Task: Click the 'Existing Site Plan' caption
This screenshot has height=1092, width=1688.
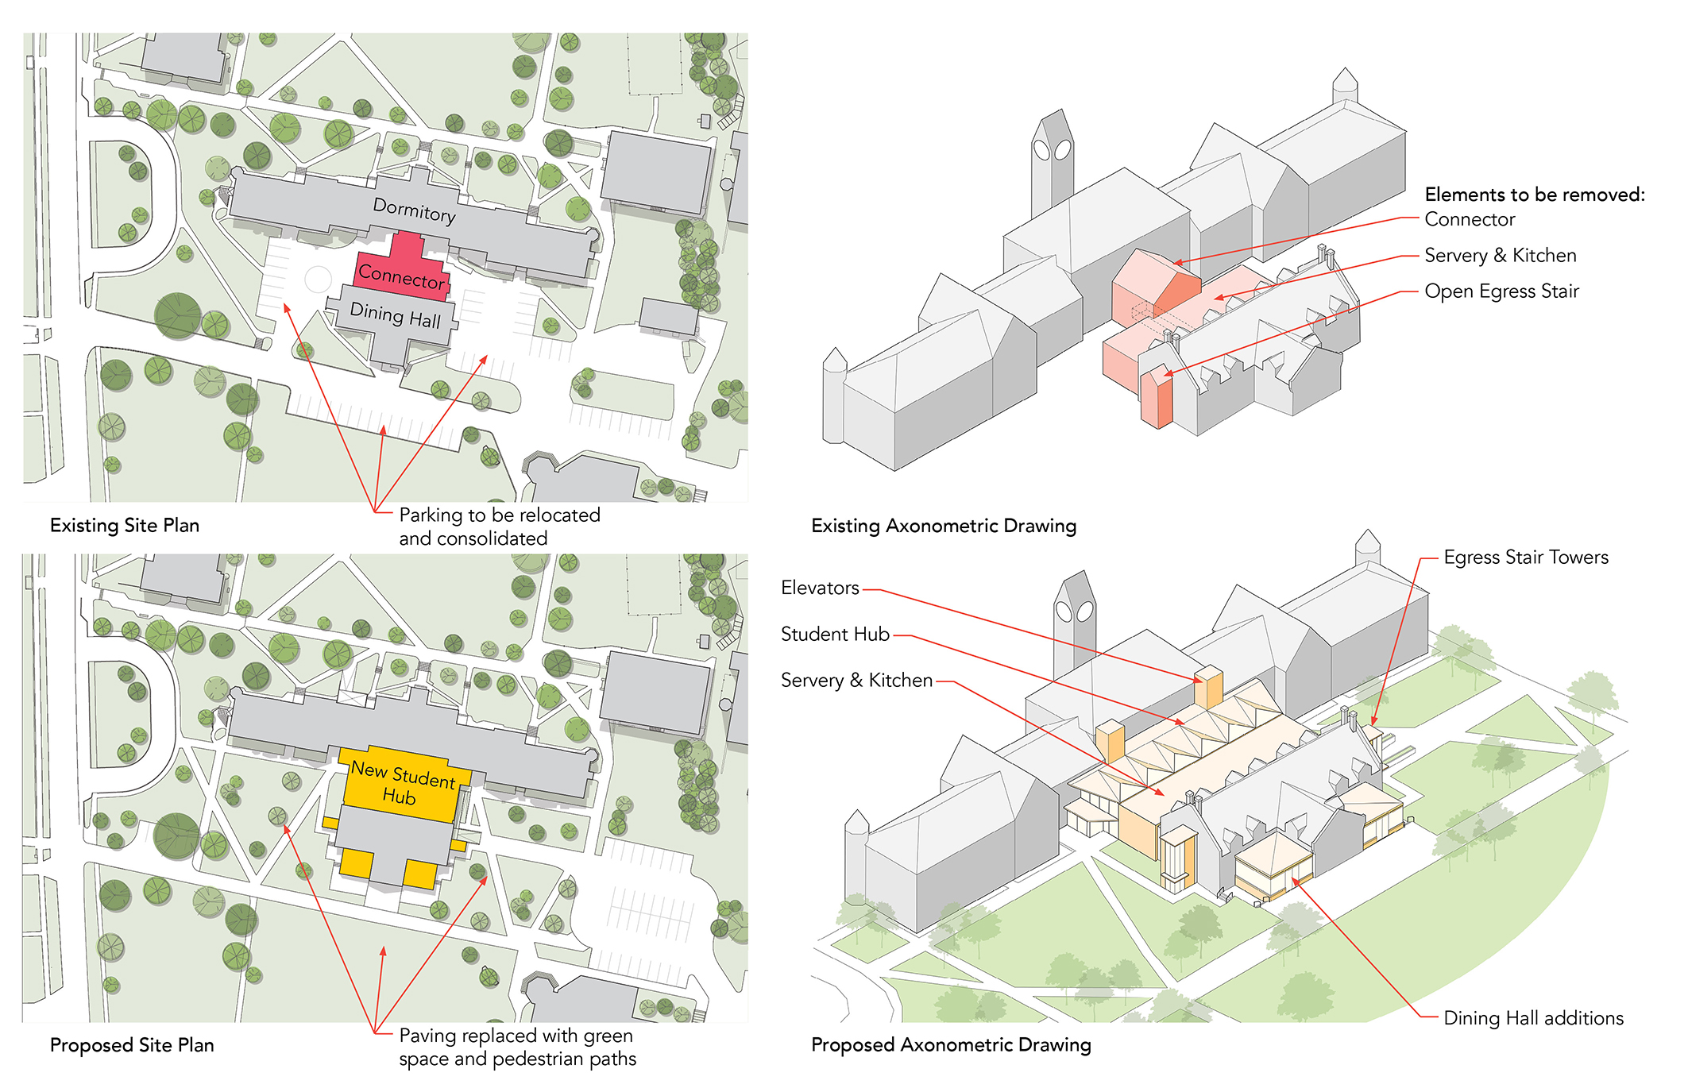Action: (x=125, y=526)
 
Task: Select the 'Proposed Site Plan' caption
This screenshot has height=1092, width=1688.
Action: (x=132, y=1045)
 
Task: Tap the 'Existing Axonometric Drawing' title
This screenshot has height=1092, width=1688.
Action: (x=944, y=526)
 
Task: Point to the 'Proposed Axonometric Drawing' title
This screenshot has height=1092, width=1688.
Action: (x=951, y=1045)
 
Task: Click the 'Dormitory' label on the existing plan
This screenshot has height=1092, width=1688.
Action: (x=415, y=210)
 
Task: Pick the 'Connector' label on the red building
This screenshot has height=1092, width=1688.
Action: (x=401, y=276)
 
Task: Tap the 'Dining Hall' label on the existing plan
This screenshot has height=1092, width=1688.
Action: (x=396, y=314)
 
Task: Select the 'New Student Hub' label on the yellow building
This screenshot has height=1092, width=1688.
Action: (x=403, y=783)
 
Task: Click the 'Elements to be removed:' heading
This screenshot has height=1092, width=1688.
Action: (x=1535, y=195)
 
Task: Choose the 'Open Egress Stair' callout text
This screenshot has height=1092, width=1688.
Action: (x=1501, y=291)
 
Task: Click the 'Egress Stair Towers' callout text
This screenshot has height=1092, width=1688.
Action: (x=1526, y=558)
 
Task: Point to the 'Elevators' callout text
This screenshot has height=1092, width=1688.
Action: (x=820, y=588)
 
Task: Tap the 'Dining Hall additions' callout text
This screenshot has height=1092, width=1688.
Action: (x=1533, y=1018)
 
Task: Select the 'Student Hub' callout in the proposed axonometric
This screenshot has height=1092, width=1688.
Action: (x=835, y=635)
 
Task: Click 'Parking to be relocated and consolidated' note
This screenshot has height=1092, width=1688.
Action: (x=499, y=527)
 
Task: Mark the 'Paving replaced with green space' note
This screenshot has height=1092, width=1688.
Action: (x=517, y=1048)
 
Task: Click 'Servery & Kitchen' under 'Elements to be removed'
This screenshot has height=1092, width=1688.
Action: (x=1500, y=256)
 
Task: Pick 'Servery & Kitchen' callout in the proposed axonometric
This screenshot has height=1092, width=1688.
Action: (x=856, y=681)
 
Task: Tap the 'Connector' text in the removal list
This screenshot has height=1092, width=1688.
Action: (x=1470, y=219)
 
